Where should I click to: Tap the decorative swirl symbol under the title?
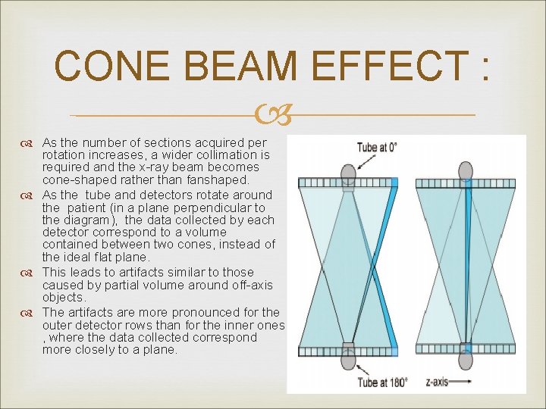(x=272, y=115)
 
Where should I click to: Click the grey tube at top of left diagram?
(x=348, y=172)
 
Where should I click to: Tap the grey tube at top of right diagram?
(x=466, y=170)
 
